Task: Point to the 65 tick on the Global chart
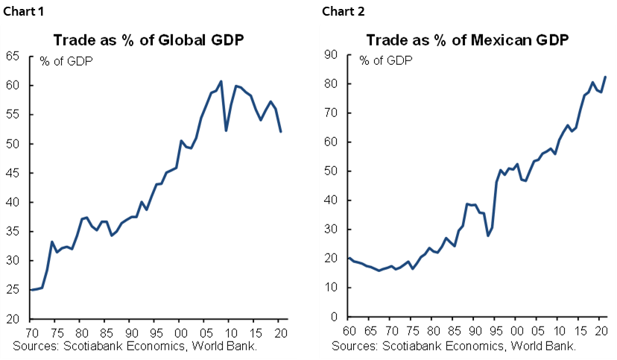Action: [x=13, y=56]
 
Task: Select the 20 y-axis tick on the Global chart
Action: [x=13, y=319]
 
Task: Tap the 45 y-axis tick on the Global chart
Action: [x=13, y=173]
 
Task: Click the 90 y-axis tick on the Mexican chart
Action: [x=332, y=55]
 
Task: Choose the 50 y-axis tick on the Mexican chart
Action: [x=332, y=171]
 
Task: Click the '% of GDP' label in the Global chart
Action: [x=62, y=60]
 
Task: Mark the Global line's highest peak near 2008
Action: [x=221, y=80]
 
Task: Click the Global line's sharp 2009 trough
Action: [x=226, y=130]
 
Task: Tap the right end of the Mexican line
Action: [x=604, y=77]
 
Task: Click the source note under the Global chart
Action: [x=134, y=346]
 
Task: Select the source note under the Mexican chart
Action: [x=453, y=346]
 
